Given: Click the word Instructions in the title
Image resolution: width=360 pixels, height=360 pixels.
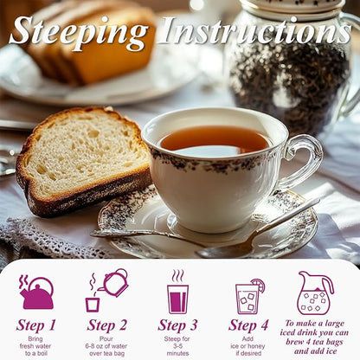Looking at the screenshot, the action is click(x=255, y=30).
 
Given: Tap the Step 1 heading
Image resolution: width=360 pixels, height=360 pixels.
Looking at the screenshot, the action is click(x=35, y=325).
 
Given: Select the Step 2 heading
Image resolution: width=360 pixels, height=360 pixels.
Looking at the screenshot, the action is click(x=106, y=325).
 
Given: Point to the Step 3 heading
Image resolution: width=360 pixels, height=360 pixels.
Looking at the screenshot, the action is click(x=177, y=325).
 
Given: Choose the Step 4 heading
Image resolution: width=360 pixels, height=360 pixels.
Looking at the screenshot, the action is click(x=248, y=325).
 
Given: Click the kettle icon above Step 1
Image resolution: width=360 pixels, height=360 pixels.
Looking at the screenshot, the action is click(x=36, y=292).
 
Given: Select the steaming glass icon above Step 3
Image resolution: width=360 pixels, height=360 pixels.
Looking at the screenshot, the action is click(x=177, y=292).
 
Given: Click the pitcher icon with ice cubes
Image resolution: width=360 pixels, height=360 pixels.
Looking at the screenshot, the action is click(x=314, y=292).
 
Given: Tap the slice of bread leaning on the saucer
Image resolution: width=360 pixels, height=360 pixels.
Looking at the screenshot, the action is click(x=82, y=160).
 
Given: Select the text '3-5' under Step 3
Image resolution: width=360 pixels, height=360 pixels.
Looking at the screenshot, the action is click(x=177, y=346).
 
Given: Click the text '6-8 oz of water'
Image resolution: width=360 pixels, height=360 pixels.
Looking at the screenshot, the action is click(x=106, y=346).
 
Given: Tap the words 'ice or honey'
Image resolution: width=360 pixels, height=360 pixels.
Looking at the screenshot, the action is click(x=247, y=346).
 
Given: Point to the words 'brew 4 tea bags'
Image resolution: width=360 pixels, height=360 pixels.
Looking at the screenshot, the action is click(x=314, y=342).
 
